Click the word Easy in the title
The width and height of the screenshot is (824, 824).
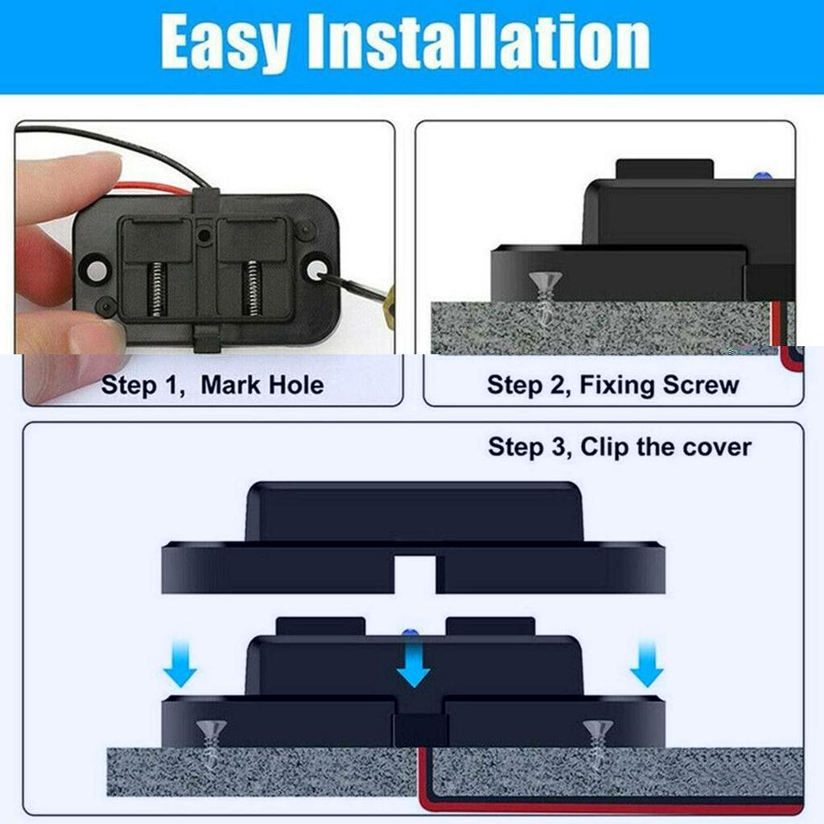coord(225,42)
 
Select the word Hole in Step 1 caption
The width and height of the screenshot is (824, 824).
coord(293,385)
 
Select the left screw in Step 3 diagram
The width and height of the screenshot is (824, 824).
coord(212,740)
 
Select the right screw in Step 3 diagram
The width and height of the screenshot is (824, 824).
coord(598,740)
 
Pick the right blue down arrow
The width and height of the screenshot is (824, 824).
coord(646,665)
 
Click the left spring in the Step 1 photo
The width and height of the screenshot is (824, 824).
coord(157,289)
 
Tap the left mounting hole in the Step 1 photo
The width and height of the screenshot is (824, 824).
coord(95,270)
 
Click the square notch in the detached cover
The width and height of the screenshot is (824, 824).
coord(414,574)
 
